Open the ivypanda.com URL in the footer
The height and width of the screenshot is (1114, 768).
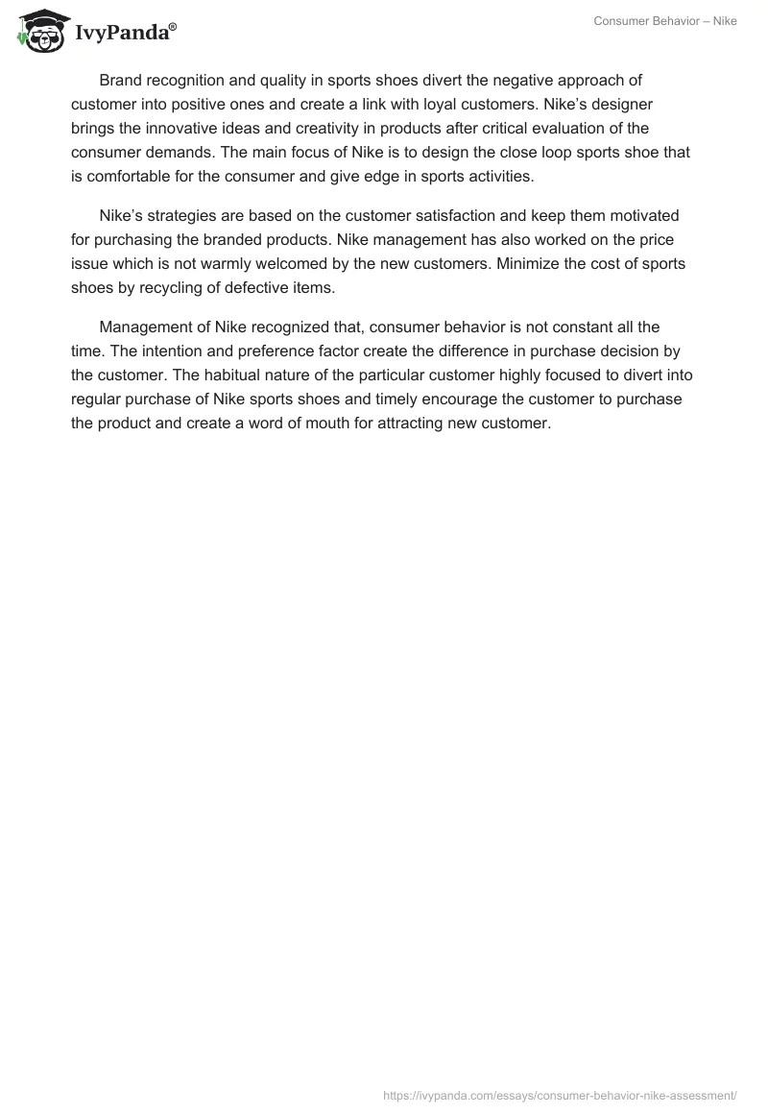[x=560, y=1094]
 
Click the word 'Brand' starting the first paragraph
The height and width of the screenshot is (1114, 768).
[x=120, y=81]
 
